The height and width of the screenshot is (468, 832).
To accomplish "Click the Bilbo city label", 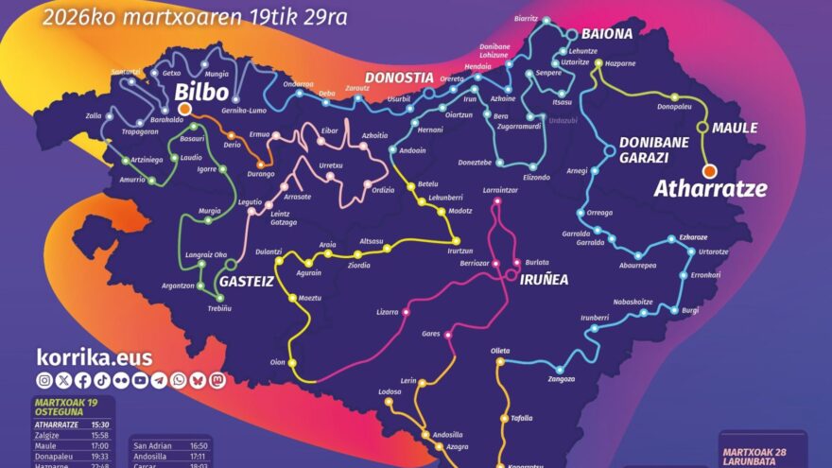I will coord(201,93).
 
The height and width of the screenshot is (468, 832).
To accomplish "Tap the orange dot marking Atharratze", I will coord(709,170).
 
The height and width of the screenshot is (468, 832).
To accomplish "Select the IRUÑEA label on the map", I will coord(545,279).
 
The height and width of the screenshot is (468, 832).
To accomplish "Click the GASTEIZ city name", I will coord(246,282).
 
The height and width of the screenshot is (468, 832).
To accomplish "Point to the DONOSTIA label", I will coord(399,78).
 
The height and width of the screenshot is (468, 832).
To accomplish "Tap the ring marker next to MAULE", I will coord(702,128).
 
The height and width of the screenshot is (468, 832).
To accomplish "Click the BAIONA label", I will coord(606,33).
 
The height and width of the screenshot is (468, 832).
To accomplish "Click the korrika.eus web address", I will coord(94,356).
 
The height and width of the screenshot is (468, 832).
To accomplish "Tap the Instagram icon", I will coord(44,380).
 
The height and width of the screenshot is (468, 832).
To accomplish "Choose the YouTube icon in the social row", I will coord(140,380).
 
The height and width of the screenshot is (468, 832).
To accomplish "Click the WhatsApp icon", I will coord(179,380).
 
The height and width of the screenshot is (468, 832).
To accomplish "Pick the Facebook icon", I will coord(82,380).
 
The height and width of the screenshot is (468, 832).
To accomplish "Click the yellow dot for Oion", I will coord(291,363).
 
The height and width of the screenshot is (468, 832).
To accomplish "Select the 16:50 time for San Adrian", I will coord(199,444).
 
